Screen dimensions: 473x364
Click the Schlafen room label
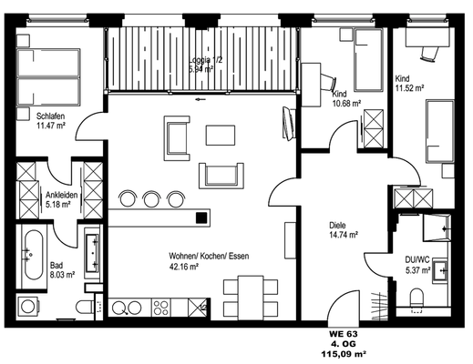pyautogui.click(x=50, y=116)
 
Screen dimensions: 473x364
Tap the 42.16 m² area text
pyautogui.click(x=184, y=267)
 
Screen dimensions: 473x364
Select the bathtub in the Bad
pyautogui.click(x=34, y=255)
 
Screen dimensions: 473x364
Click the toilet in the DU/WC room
pyautogui.click(x=416, y=298)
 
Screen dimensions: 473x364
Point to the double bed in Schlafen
pyautogui.click(x=48, y=77)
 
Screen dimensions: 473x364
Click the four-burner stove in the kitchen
pyautogui.click(x=160, y=308)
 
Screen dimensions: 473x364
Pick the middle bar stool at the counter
pyautogui.click(x=151, y=199)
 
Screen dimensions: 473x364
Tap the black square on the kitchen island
pyautogui.click(x=201, y=217)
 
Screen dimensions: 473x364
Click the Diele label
pyautogui.click(x=337, y=226)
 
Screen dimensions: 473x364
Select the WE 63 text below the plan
pyautogui.click(x=344, y=334)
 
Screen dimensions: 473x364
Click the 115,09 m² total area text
pyautogui.click(x=344, y=353)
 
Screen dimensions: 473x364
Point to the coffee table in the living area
pyautogui.click(x=221, y=135)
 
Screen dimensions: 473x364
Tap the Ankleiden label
pyautogui.click(x=62, y=195)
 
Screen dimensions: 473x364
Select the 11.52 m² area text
pyautogui.click(x=409, y=88)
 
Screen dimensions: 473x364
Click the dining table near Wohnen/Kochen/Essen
pyautogui.click(x=251, y=298)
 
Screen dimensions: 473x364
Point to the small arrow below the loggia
pyautogui.click(x=201, y=99)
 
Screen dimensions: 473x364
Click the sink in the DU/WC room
pyautogui.click(x=440, y=271)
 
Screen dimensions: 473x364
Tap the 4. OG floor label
pyautogui.click(x=344, y=344)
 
